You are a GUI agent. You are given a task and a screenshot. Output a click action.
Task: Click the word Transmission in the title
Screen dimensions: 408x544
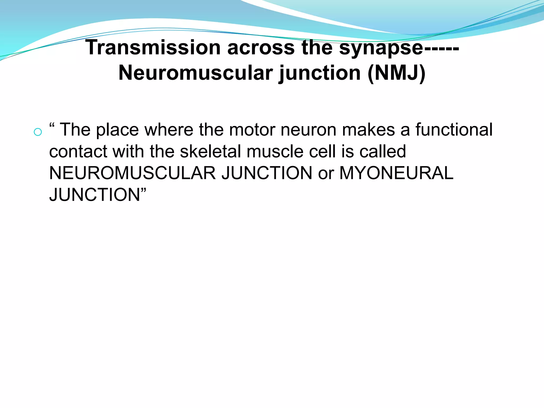153,48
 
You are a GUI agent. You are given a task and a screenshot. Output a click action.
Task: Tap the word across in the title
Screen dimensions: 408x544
261,48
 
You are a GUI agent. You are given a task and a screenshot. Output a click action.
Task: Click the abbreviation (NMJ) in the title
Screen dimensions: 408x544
397,73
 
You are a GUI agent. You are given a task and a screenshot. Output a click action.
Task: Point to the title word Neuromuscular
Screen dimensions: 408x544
196,73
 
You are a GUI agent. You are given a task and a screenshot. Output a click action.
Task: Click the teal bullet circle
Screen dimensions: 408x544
38,132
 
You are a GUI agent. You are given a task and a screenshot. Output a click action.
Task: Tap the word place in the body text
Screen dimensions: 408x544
117,130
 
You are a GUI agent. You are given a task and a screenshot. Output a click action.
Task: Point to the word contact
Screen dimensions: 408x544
78,151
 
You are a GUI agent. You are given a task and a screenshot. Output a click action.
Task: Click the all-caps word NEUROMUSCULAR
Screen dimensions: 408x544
132,173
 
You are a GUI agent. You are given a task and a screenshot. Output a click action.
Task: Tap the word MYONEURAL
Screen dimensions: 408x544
396,173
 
